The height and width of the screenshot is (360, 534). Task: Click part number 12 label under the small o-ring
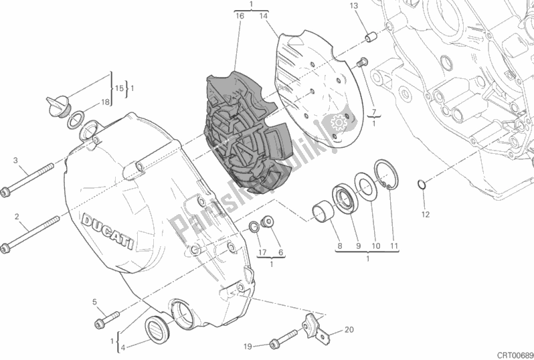pyautogui.click(x=424, y=214)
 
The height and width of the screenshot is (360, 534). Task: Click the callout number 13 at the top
pyautogui.click(x=353, y=6)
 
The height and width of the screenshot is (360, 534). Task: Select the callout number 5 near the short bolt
pyautogui.click(x=95, y=301)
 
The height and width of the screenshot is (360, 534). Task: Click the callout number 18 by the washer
pyautogui.click(x=105, y=102)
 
